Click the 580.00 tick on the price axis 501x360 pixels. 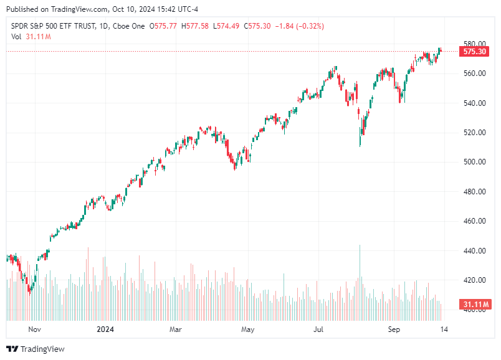pos(474,44)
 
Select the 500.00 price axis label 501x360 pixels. pos(474,162)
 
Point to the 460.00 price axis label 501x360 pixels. pos(474,221)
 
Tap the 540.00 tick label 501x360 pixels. pos(474,103)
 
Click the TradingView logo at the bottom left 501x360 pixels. pos(36,349)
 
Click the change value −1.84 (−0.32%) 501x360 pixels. pos(302,26)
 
